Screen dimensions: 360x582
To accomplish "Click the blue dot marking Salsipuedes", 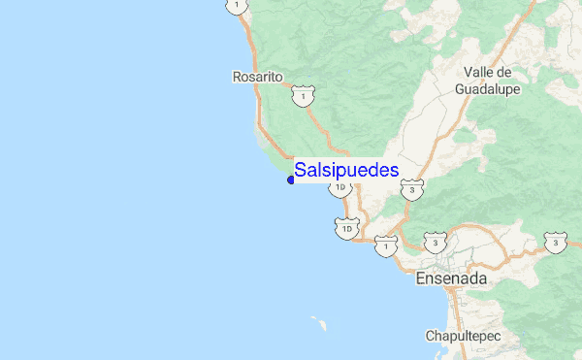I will (291, 180).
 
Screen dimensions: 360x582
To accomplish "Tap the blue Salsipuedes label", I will (346, 170).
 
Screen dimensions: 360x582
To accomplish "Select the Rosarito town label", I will (257, 76).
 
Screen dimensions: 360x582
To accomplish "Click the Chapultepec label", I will (462, 336).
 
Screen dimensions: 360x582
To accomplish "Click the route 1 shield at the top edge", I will (235, 6).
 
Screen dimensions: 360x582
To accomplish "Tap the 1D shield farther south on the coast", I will (348, 228).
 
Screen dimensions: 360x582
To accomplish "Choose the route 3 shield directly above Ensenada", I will (436, 241).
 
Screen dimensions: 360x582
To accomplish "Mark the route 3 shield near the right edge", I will (554, 241).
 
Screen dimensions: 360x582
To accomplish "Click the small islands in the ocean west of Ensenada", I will (317, 321).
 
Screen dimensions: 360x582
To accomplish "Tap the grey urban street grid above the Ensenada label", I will (452, 256).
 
